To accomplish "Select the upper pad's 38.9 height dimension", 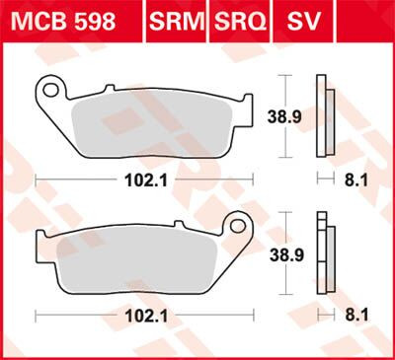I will coord(283,115).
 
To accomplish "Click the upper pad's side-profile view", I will coord(319,115).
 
